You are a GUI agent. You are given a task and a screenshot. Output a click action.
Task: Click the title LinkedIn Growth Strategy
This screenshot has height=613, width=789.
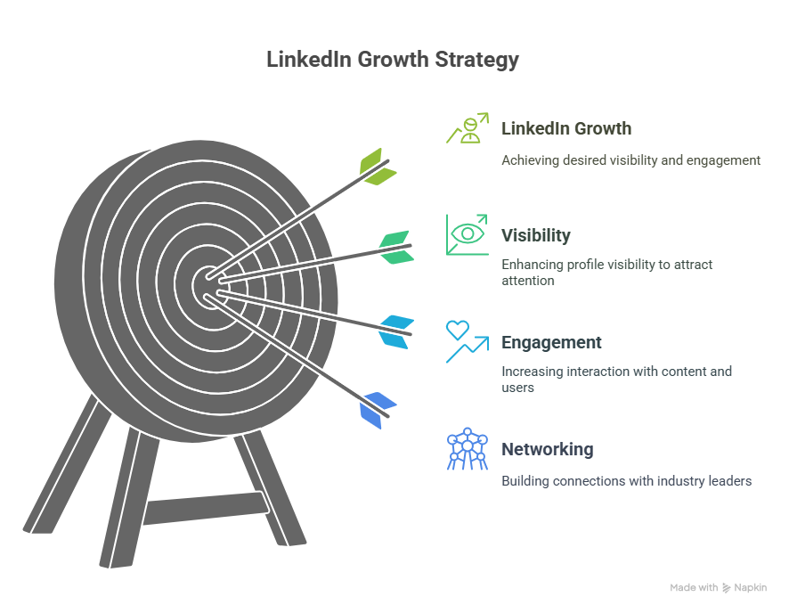393,60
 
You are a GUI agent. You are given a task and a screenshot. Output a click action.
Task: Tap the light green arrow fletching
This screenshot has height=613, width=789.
378,167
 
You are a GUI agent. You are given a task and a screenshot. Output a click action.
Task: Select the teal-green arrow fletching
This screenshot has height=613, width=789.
396,247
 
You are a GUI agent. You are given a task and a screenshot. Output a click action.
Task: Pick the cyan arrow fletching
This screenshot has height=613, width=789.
396,332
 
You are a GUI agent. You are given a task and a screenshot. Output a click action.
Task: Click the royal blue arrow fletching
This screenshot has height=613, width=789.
378,410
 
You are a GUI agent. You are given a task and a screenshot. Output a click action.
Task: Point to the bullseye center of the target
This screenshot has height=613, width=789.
209,286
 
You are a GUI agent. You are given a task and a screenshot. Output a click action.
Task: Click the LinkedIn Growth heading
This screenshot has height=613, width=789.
566,128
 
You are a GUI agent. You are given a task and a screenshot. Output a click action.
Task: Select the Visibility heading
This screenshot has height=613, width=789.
536,235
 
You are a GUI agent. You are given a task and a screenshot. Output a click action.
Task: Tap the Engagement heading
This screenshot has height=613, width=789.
551,342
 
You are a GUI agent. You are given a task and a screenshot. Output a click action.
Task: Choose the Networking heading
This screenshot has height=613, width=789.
548,449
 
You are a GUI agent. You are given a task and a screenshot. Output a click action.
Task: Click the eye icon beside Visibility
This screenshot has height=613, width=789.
468,233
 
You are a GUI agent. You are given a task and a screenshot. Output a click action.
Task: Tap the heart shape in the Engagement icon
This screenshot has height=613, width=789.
458,330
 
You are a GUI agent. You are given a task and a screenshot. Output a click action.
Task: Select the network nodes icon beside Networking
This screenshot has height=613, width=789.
468,449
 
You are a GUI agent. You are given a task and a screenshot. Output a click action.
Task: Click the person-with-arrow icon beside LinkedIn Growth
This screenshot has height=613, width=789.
468,128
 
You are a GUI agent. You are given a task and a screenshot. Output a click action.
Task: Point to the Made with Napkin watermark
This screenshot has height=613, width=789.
718,587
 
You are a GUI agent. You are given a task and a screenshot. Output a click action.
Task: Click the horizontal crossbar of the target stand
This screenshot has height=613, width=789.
206,509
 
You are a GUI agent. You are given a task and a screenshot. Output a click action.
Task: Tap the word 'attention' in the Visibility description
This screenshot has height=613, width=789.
528,281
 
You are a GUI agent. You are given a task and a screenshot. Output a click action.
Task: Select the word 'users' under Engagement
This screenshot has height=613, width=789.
517,388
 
